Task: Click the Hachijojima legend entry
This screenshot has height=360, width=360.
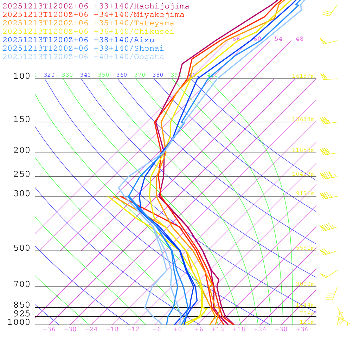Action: coord(96,6)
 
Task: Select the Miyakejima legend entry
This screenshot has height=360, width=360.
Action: coord(93,15)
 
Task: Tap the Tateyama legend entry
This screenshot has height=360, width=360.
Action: coord(88,23)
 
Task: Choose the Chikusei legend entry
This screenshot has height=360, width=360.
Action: coord(88,32)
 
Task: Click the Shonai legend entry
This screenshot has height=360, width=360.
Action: coord(83,49)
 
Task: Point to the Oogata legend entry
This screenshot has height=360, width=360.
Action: coord(83,57)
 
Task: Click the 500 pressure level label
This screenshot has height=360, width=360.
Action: coord(22,248)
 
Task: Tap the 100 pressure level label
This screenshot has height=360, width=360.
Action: coord(22,76)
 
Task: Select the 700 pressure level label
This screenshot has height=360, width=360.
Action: coord(22,284)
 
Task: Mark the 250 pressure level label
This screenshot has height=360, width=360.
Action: coord(22,174)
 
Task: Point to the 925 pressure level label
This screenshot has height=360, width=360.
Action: coord(22,314)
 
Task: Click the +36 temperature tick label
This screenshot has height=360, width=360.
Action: coord(302,329)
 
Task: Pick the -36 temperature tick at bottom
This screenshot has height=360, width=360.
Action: coord(49,329)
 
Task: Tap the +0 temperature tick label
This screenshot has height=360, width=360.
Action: coord(178,329)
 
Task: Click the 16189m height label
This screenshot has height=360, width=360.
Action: coord(303,76)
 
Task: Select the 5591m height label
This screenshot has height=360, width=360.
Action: coord(305,248)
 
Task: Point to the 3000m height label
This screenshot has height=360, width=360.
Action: coord(305,284)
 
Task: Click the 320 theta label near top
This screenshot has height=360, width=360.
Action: coord(49,75)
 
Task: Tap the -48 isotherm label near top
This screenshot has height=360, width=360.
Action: coord(297,39)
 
